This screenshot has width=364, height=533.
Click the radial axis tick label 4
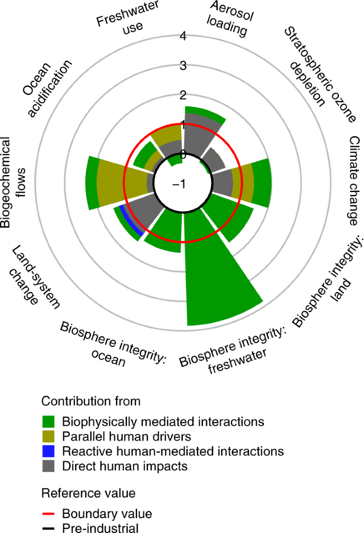pyautogui.click(x=183, y=37)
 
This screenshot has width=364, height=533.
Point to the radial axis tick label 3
pyautogui.click(x=183, y=66)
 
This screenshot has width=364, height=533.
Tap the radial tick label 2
pyautogui.click(x=183, y=96)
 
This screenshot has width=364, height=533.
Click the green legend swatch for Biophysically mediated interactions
pyautogui.click(x=49, y=422)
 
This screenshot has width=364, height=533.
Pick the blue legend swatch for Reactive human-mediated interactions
pyautogui.click(x=49, y=451)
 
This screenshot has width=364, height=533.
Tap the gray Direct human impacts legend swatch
pyautogui.click(x=49, y=466)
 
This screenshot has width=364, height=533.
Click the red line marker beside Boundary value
pyautogui.click(x=49, y=514)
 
